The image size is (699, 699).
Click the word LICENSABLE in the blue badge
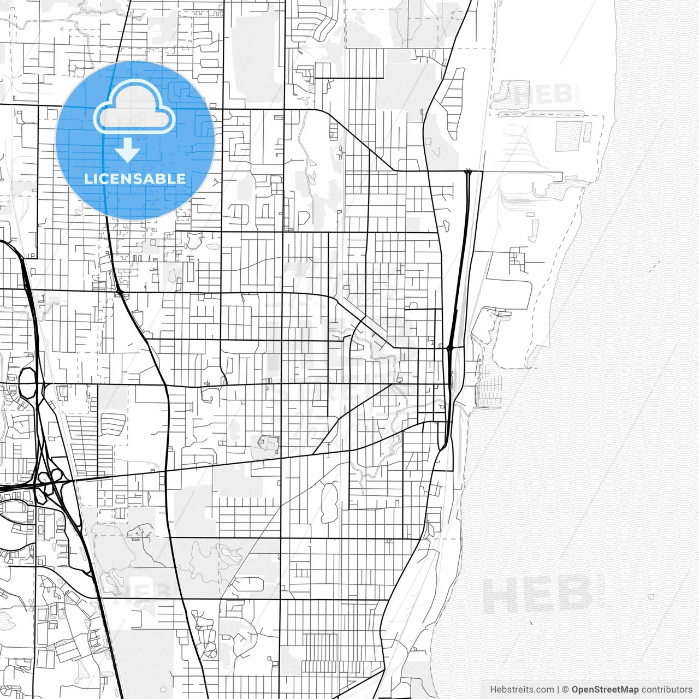(135, 179)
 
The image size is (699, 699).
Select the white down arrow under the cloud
(128, 151)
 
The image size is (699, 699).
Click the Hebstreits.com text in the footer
(522, 690)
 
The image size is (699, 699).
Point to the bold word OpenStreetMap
(605, 690)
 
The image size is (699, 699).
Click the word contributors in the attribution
(667, 690)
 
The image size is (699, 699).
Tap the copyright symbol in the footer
(566, 690)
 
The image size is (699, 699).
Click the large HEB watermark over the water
(537, 594)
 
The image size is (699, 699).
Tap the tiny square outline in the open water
(651, 597)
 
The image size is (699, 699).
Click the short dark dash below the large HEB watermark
(530, 623)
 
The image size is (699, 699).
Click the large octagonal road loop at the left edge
(27, 382)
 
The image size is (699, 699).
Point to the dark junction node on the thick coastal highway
(449, 347)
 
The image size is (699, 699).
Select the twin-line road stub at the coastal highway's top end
(467, 172)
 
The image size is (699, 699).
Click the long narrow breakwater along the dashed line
(541, 115)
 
